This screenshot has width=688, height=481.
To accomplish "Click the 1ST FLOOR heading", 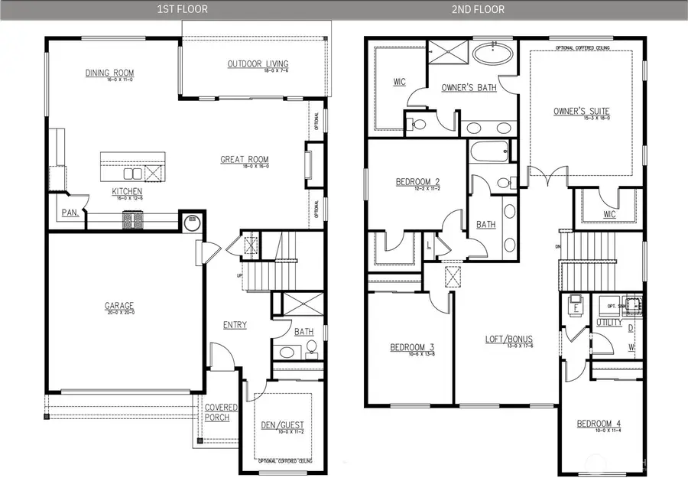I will pyautogui.click(x=182, y=9).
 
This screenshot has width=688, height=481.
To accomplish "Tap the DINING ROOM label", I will pyautogui.click(x=109, y=73).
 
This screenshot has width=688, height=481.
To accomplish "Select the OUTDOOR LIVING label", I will pyautogui.click(x=256, y=63).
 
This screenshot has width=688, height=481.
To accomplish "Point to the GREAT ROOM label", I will pyautogui.click(x=245, y=160).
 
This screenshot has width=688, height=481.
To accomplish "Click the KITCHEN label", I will pyautogui.click(x=126, y=191).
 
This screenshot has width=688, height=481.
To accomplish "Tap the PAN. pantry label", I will pyautogui.click(x=71, y=213).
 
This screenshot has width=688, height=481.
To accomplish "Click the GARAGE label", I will pyautogui.click(x=119, y=307).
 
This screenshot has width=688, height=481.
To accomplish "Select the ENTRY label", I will pyautogui.click(x=235, y=325).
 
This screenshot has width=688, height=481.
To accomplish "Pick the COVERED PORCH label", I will pyautogui.click(x=221, y=412).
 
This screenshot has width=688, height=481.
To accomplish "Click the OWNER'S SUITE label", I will pyautogui.click(x=581, y=111).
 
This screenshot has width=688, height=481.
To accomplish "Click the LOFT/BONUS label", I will pyautogui.click(x=508, y=339).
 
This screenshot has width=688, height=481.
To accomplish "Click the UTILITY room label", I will pyautogui.click(x=609, y=323).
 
